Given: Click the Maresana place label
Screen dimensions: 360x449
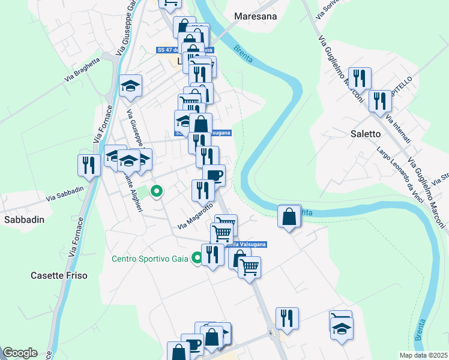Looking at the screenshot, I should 256,16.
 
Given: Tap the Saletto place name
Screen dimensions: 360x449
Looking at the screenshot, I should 366,134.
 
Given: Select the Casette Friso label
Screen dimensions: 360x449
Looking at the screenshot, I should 59,275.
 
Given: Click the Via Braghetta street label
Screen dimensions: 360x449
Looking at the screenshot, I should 84,71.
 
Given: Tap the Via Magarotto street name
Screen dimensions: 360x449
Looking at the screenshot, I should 195,216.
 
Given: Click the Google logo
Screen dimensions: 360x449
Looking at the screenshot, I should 20,353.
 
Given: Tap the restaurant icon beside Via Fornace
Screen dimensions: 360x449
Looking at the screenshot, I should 89,166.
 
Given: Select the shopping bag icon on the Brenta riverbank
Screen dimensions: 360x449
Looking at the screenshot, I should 289,217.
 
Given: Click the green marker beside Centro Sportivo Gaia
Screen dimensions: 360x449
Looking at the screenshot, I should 197,259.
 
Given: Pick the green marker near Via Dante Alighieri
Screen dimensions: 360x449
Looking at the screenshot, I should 157,192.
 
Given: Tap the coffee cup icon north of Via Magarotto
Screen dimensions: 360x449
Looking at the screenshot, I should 214,175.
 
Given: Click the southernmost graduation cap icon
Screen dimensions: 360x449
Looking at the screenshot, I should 342,328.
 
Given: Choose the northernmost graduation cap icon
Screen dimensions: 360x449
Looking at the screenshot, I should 130,85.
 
